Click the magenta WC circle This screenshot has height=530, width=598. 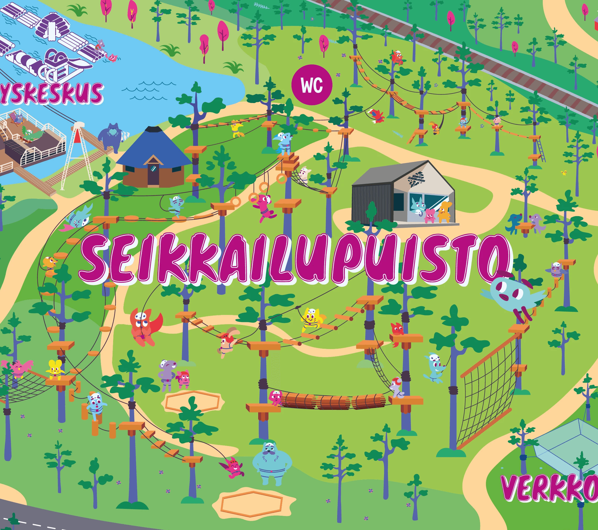312,85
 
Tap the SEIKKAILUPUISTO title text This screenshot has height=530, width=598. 295,259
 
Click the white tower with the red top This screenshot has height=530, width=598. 77,155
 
